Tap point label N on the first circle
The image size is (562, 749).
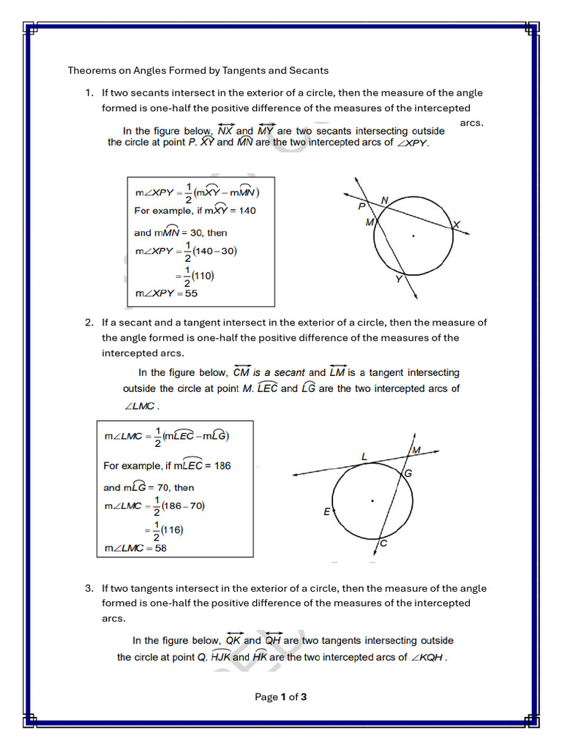(x=384, y=200)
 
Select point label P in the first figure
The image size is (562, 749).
(x=361, y=207)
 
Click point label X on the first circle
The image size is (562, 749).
(x=457, y=225)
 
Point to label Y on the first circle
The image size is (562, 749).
(x=399, y=279)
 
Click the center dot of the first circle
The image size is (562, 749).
(x=413, y=236)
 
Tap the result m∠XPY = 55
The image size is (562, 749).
(x=166, y=293)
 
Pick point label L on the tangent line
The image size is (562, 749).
(x=364, y=456)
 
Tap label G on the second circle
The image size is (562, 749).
(x=408, y=473)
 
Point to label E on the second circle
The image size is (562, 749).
(x=327, y=512)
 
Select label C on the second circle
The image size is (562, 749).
(x=383, y=543)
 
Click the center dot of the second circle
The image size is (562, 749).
(x=372, y=501)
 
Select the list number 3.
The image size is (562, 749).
(x=88, y=588)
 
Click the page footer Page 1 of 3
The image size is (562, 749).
(x=280, y=697)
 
